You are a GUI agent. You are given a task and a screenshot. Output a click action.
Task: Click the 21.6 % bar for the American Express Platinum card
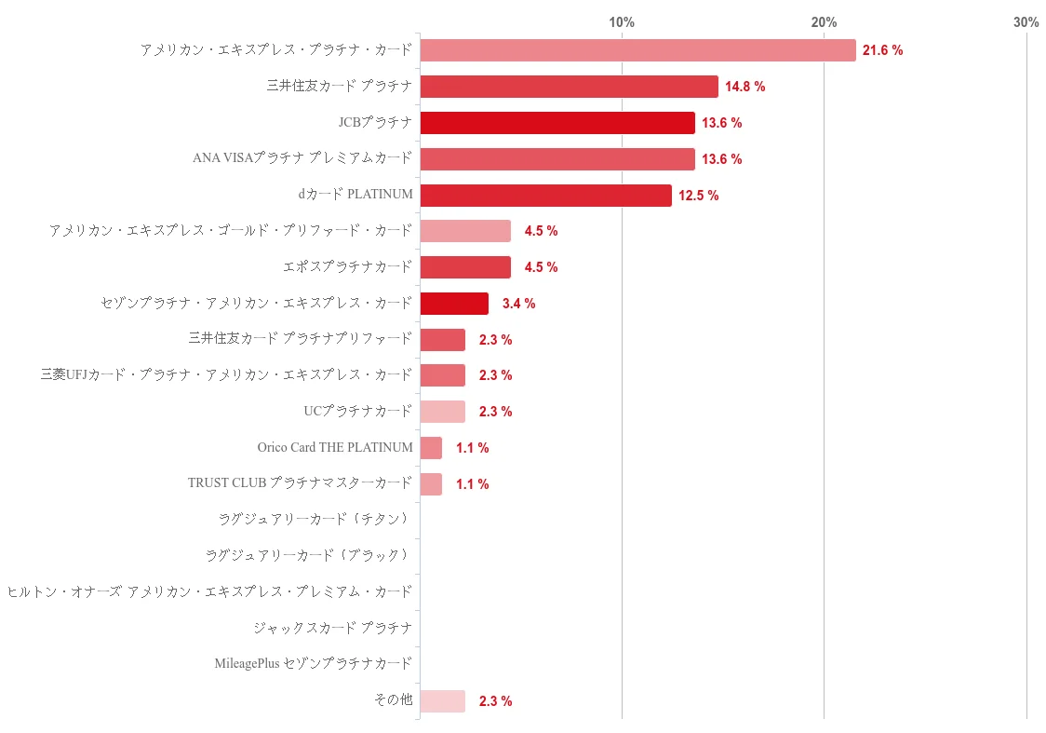pos(637,50)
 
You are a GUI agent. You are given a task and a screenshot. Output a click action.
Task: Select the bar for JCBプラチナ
pos(557,123)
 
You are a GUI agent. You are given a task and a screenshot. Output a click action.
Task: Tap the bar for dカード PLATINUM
pos(545,196)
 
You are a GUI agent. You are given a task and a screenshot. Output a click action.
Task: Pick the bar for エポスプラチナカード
pos(465,267)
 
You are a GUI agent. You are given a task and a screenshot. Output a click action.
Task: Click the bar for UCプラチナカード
pos(442,412)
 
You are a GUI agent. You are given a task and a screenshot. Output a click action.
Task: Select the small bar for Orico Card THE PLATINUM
pos(431,448)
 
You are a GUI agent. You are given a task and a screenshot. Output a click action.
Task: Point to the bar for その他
pos(442,701)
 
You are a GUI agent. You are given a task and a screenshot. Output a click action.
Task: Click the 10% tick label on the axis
pos(622,22)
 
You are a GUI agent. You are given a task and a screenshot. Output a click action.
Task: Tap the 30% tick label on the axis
pos(1026,22)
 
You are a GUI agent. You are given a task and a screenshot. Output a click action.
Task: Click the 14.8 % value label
pos(745,87)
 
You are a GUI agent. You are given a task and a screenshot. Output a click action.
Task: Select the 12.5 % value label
pos(699,196)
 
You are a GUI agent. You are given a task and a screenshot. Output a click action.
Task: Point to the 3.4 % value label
pos(518,304)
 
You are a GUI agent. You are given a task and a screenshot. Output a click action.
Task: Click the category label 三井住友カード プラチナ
pos(339,87)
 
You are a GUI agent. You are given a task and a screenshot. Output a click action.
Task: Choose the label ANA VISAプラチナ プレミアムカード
pos(302,158)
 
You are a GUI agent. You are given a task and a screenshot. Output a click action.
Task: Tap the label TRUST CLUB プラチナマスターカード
pos(300,483)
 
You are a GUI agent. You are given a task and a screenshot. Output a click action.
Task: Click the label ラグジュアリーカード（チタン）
pos(315,519)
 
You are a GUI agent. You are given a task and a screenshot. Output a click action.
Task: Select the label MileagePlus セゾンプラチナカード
pos(313,664)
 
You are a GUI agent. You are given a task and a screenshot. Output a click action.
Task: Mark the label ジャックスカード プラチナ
pos(332,628)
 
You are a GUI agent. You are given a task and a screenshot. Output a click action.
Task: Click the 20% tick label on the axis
pos(824,22)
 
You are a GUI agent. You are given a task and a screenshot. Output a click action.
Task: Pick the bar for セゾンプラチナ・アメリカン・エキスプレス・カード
pos(454,304)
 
